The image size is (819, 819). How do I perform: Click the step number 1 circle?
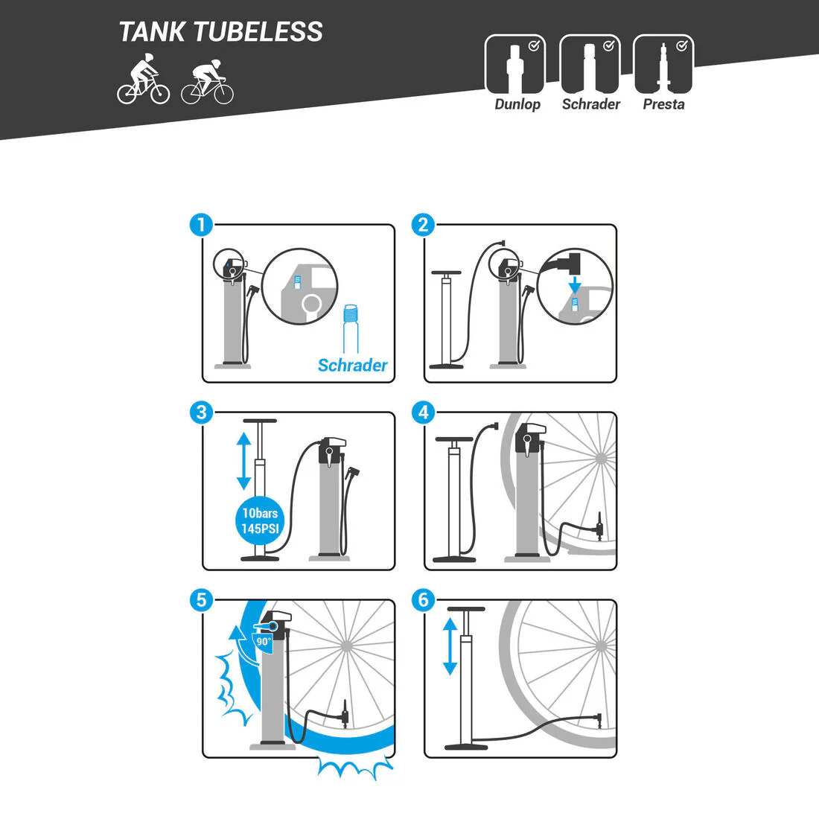[x=202, y=225]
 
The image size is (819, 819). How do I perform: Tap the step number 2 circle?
[x=424, y=225]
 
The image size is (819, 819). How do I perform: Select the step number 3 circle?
[x=202, y=412]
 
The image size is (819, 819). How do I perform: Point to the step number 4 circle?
[x=424, y=412]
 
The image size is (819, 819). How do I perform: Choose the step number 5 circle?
[x=202, y=599]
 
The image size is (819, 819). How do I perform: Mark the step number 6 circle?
[x=424, y=599]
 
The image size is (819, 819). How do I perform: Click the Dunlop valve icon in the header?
[x=515, y=65]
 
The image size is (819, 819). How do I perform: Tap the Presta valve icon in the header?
[x=663, y=65]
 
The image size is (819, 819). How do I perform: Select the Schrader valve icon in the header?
[x=590, y=65]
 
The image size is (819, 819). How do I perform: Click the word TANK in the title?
[x=152, y=32]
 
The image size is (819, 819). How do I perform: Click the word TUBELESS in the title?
[x=258, y=32]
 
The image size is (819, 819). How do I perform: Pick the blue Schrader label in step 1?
[x=353, y=365]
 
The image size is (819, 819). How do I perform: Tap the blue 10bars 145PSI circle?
[x=260, y=520]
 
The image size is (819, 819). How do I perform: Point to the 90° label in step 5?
[x=264, y=641]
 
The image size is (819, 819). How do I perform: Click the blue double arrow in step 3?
[x=244, y=461]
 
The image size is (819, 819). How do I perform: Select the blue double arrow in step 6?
[x=450, y=646]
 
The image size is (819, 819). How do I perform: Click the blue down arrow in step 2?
[x=575, y=284]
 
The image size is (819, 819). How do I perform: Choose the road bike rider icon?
[x=208, y=81]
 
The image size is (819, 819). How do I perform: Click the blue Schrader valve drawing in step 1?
[x=351, y=329]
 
